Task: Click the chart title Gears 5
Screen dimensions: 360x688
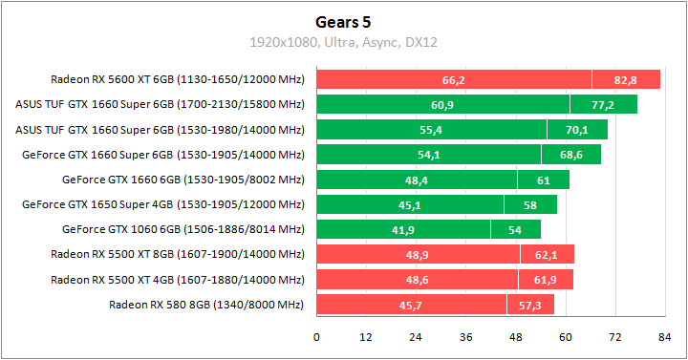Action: [343, 20]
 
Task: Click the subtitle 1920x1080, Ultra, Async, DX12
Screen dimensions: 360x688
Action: [343, 42]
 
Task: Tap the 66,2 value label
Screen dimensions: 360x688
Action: [454, 79]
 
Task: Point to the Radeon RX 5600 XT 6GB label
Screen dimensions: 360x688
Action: [177, 79]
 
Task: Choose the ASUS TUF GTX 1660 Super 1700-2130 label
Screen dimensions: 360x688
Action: [160, 104]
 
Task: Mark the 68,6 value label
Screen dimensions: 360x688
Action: [571, 154]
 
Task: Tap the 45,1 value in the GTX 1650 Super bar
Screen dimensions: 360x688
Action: [410, 204]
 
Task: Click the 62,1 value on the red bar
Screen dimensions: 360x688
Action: [547, 254]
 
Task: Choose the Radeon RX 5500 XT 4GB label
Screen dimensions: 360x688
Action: [177, 279]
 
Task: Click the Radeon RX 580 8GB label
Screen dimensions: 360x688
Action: [205, 304]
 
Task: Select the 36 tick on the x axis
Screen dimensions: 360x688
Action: [465, 338]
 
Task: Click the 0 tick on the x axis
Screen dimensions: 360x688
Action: [316, 338]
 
